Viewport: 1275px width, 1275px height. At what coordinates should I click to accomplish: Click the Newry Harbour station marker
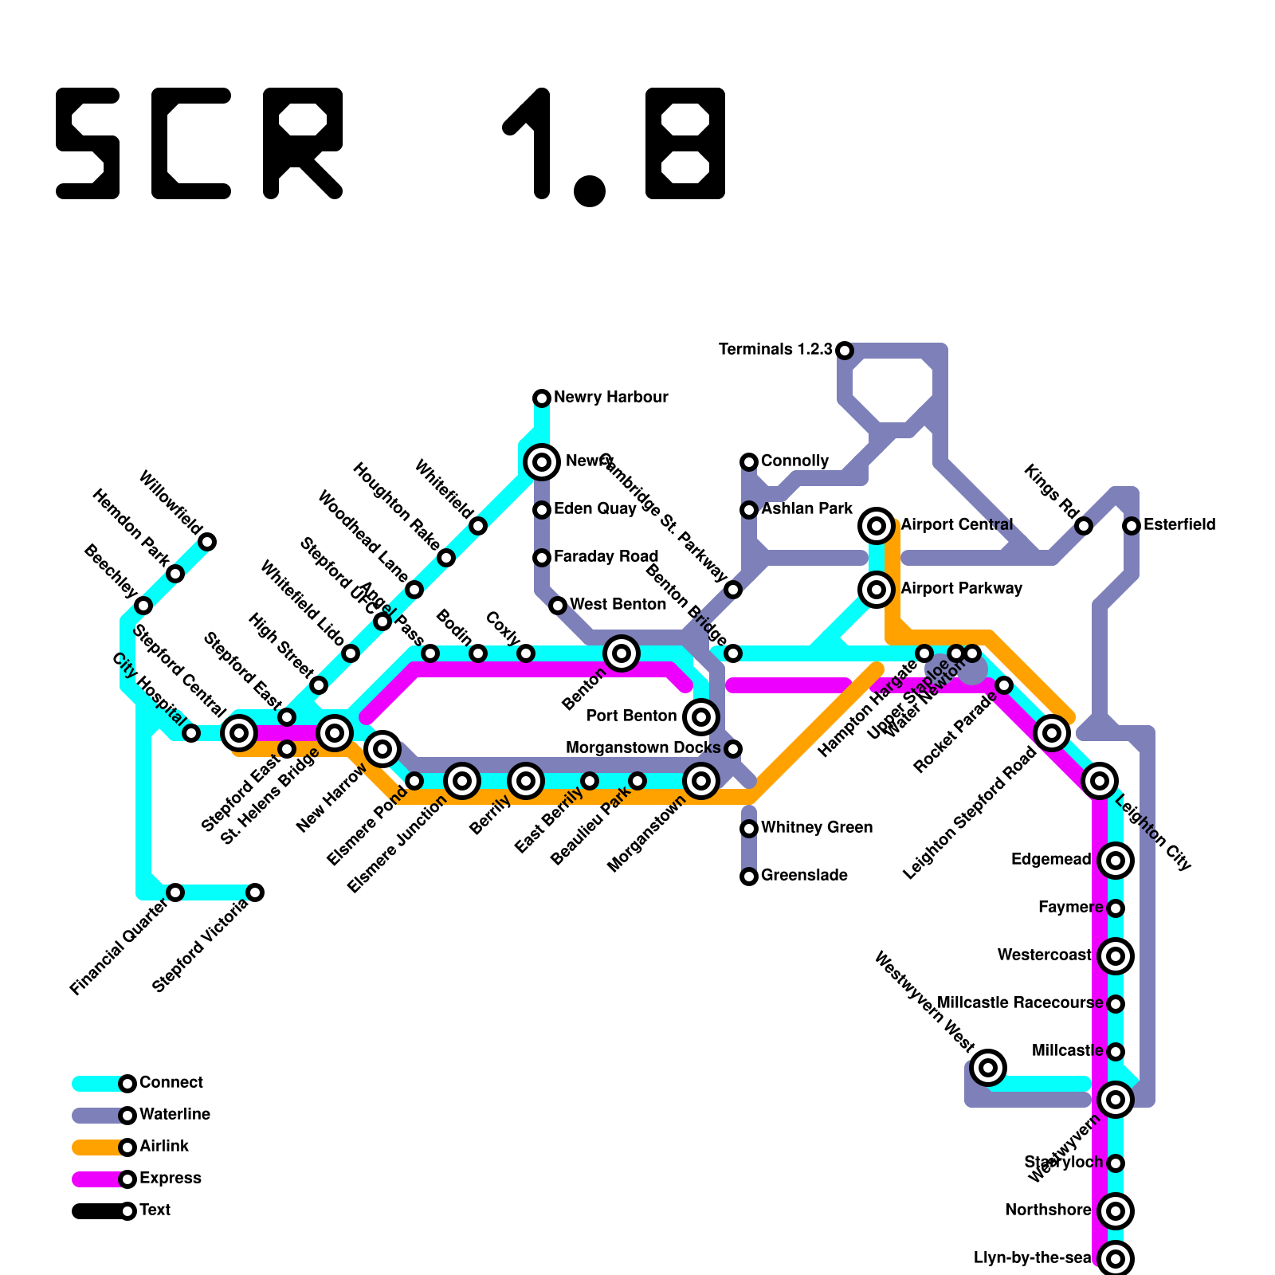(x=542, y=398)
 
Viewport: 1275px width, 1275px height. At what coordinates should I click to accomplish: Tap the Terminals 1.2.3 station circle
(x=845, y=350)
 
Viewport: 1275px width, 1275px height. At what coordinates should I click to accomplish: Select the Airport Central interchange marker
(x=877, y=525)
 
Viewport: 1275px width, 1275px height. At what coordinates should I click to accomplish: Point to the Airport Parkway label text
(x=961, y=589)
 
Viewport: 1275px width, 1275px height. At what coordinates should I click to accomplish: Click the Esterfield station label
(x=1179, y=525)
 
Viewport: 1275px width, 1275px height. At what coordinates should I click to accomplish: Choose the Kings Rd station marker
(x=1084, y=526)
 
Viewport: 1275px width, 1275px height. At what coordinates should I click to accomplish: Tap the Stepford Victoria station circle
(x=255, y=892)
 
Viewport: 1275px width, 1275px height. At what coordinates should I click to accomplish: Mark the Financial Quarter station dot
(x=175, y=892)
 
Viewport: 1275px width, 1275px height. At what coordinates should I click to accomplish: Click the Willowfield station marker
(x=207, y=542)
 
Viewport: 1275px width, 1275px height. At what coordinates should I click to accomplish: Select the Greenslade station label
(x=804, y=876)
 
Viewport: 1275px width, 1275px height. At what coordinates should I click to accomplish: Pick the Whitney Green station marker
(x=749, y=829)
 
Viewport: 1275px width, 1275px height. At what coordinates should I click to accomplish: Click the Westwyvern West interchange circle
(x=988, y=1067)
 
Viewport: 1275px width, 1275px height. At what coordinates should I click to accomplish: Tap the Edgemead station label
(x=1050, y=860)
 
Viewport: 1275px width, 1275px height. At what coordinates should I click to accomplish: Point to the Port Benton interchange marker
(x=701, y=716)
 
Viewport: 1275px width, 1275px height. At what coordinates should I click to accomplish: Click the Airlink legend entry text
(x=164, y=1147)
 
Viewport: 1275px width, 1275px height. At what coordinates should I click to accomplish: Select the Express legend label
(x=170, y=1179)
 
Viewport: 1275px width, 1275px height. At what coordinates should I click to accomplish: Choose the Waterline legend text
(x=175, y=1115)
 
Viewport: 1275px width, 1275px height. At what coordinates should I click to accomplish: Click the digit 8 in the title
(x=685, y=143)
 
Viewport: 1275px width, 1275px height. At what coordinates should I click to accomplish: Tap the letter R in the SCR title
(x=303, y=143)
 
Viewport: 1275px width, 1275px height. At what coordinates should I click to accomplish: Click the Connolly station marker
(x=749, y=462)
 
